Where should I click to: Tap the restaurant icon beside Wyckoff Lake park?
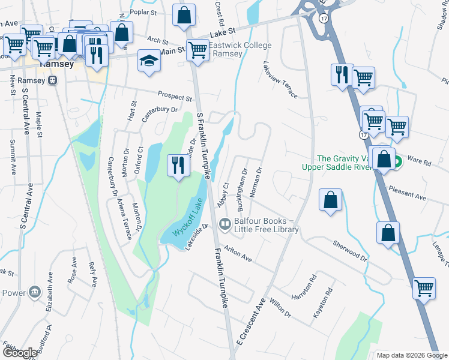pyautogui.click(x=178, y=165)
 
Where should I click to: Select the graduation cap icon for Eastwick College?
pyautogui.click(x=149, y=61)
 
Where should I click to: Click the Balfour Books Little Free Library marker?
pyautogui.click(x=225, y=225)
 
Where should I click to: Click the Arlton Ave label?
pyautogui.click(x=238, y=253)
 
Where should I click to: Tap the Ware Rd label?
pyautogui.click(x=420, y=162)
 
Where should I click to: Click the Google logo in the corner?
pyautogui.click(x=20, y=353)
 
